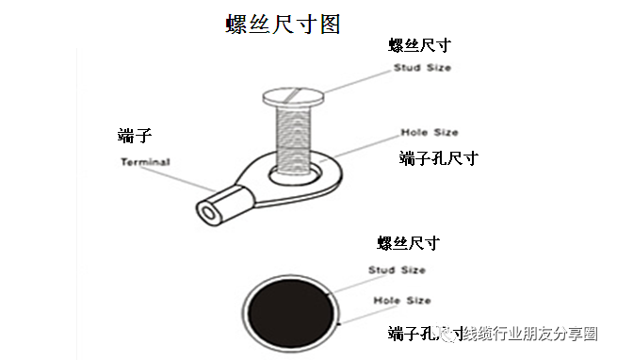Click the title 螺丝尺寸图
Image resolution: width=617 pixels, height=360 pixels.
[x=282, y=24]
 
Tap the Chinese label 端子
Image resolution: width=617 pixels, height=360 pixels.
[x=135, y=137]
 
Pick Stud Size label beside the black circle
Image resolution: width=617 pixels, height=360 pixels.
[x=396, y=270]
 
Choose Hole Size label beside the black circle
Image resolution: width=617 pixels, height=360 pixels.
[x=401, y=301]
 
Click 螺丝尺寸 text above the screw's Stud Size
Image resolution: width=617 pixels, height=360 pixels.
[x=420, y=45]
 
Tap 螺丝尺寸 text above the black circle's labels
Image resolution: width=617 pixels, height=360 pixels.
[x=408, y=243]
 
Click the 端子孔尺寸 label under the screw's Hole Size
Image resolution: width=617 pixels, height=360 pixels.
[x=438, y=158]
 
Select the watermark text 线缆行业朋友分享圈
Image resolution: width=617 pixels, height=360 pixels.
[x=528, y=334]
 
